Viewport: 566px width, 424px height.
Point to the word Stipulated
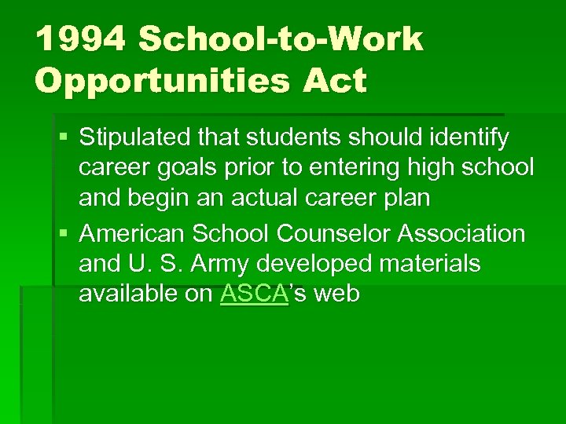(131, 138)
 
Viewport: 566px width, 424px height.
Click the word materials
(432, 263)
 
